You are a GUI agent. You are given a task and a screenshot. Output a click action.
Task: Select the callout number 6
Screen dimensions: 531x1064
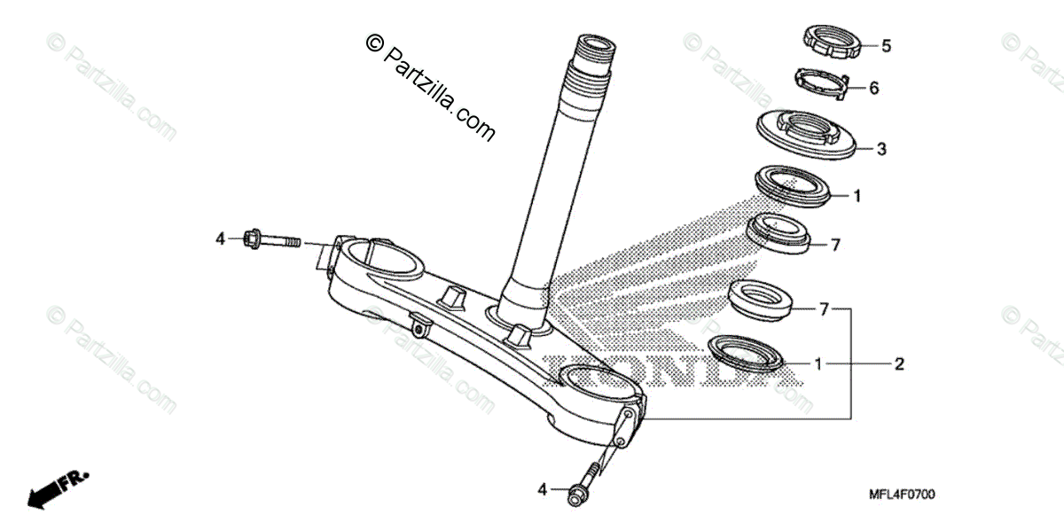coord(873,88)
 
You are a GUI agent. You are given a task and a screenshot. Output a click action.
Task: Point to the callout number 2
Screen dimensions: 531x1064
coord(899,363)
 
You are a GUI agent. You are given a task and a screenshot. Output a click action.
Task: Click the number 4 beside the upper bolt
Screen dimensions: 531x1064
coord(221,238)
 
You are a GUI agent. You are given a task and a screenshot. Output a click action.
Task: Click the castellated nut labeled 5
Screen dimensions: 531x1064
coord(831,43)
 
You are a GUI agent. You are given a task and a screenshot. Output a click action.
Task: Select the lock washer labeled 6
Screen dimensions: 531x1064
coord(820,82)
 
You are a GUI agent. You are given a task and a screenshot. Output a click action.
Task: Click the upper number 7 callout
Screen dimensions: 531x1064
coord(834,246)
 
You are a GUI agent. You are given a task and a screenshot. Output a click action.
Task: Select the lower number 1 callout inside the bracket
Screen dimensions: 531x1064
coord(819,363)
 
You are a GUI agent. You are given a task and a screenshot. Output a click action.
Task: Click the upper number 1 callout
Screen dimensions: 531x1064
coord(857,195)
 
